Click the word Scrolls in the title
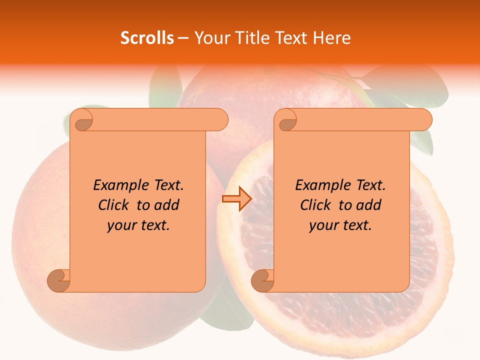coord(147,38)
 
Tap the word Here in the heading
coord(331,38)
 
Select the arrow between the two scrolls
coord(236,199)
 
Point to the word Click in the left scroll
coord(113,205)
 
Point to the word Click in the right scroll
coord(315,205)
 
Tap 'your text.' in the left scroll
coord(138,225)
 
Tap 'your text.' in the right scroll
coord(340,225)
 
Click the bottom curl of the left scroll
coord(58,280)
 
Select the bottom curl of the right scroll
coord(262,280)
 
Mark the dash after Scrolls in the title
coord(183,38)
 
